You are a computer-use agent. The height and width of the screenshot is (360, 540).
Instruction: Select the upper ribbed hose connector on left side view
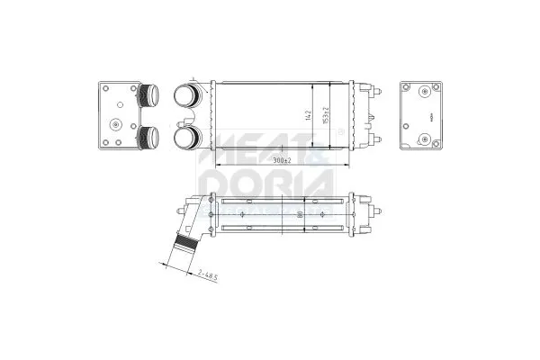click(x=148, y=94)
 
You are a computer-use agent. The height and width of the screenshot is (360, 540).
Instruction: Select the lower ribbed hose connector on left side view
click(x=148, y=138)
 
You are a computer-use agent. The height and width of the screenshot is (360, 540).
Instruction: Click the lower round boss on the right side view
click(x=424, y=140)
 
